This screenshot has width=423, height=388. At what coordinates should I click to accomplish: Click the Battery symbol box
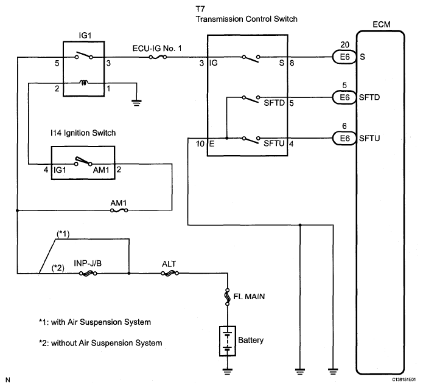click(227, 341)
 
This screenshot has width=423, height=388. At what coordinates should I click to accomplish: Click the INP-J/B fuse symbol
click(87, 274)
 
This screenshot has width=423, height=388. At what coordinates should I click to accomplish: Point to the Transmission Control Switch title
click(246, 19)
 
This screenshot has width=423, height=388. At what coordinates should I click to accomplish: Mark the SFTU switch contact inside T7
click(250, 138)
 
